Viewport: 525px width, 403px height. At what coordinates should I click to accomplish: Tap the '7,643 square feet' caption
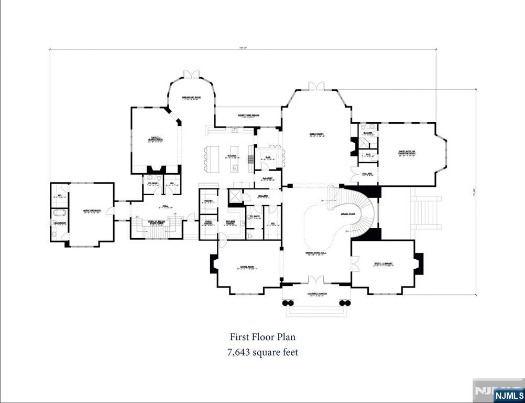(x=262, y=352)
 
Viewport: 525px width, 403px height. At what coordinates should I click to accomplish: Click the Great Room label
(x=316, y=135)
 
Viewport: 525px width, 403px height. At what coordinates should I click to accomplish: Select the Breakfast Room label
(x=191, y=98)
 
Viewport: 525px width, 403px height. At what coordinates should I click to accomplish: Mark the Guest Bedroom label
(x=92, y=211)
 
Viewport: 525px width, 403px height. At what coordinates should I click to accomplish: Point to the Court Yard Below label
(x=248, y=116)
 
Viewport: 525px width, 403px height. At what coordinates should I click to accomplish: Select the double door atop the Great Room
(x=316, y=86)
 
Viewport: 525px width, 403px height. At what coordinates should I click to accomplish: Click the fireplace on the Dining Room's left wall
(x=214, y=263)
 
